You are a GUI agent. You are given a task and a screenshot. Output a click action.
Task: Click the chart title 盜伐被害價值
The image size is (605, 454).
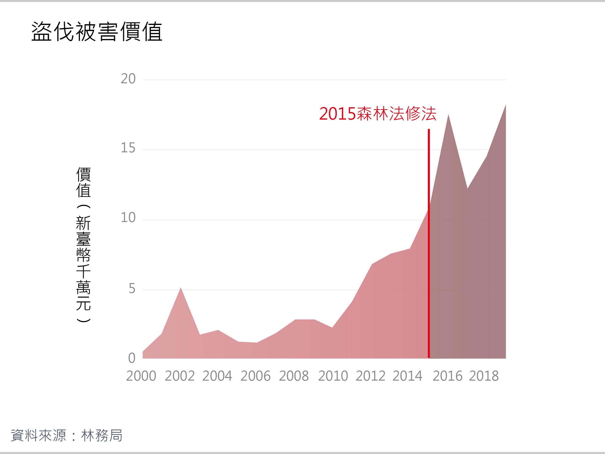[97, 32]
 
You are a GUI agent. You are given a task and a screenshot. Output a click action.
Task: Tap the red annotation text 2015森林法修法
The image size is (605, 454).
[377, 114]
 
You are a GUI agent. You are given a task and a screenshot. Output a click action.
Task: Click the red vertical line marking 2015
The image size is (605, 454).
[429, 244]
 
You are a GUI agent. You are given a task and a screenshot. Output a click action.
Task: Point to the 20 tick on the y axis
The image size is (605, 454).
[128, 79]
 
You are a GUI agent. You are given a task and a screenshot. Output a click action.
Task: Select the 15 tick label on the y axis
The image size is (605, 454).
[128, 148]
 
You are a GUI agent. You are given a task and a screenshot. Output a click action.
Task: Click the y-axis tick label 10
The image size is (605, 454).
[128, 218]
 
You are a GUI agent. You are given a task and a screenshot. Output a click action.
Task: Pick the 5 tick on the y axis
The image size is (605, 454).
[132, 289]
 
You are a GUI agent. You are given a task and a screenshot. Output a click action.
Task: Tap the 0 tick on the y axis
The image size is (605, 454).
[132, 358]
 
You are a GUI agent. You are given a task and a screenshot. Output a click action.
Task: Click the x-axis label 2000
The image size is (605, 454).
[141, 376]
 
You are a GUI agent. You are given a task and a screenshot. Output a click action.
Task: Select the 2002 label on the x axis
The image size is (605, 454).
[180, 376]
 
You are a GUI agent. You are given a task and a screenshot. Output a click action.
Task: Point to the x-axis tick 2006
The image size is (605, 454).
[255, 376]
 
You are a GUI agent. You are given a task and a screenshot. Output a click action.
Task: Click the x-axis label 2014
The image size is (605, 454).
[407, 376]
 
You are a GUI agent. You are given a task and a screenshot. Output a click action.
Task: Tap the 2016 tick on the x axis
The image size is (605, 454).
[447, 376]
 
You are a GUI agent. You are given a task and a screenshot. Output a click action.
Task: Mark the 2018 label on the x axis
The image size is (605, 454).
[484, 376]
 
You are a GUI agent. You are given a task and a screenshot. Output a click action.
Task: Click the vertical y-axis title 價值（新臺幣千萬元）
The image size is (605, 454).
[83, 245]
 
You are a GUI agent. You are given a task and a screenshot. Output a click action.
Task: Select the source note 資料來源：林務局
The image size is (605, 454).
[67, 435]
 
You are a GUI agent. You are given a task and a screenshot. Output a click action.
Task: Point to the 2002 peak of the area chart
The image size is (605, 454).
[181, 288]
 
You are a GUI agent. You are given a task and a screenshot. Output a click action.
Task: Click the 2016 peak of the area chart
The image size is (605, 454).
[448, 115]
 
